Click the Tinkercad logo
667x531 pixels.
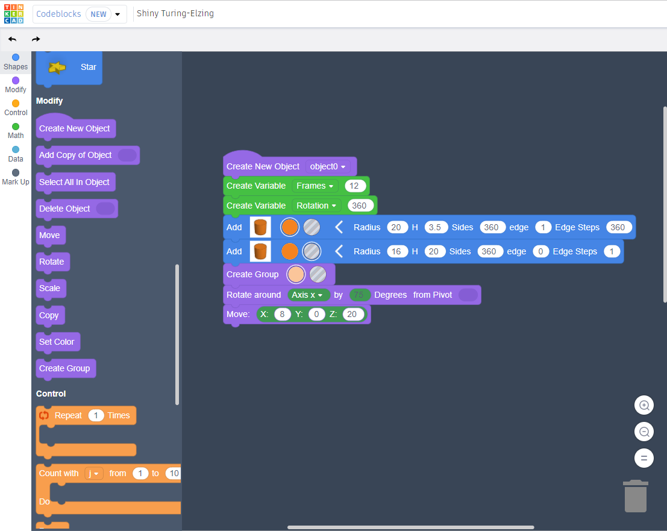click(13, 13)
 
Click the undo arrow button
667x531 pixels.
click(12, 39)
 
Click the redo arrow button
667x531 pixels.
click(36, 39)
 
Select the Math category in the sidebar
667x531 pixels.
click(16, 130)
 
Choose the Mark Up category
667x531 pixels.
click(16, 177)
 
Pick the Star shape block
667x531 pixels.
click(69, 67)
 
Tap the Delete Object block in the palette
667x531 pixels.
click(64, 209)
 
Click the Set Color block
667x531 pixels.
click(57, 342)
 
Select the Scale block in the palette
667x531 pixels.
click(49, 288)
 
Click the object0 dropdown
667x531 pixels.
click(328, 166)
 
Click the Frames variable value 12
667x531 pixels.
click(355, 186)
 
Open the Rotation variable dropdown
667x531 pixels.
click(316, 206)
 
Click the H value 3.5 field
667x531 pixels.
click(436, 227)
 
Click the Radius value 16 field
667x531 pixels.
click(396, 251)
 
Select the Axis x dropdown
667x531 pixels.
click(308, 295)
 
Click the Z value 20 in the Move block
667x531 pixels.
click(352, 314)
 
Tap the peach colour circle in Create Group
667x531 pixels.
click(296, 274)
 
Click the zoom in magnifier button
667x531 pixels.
click(644, 406)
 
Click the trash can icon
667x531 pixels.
click(635, 495)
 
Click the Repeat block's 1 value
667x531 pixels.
click(96, 415)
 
